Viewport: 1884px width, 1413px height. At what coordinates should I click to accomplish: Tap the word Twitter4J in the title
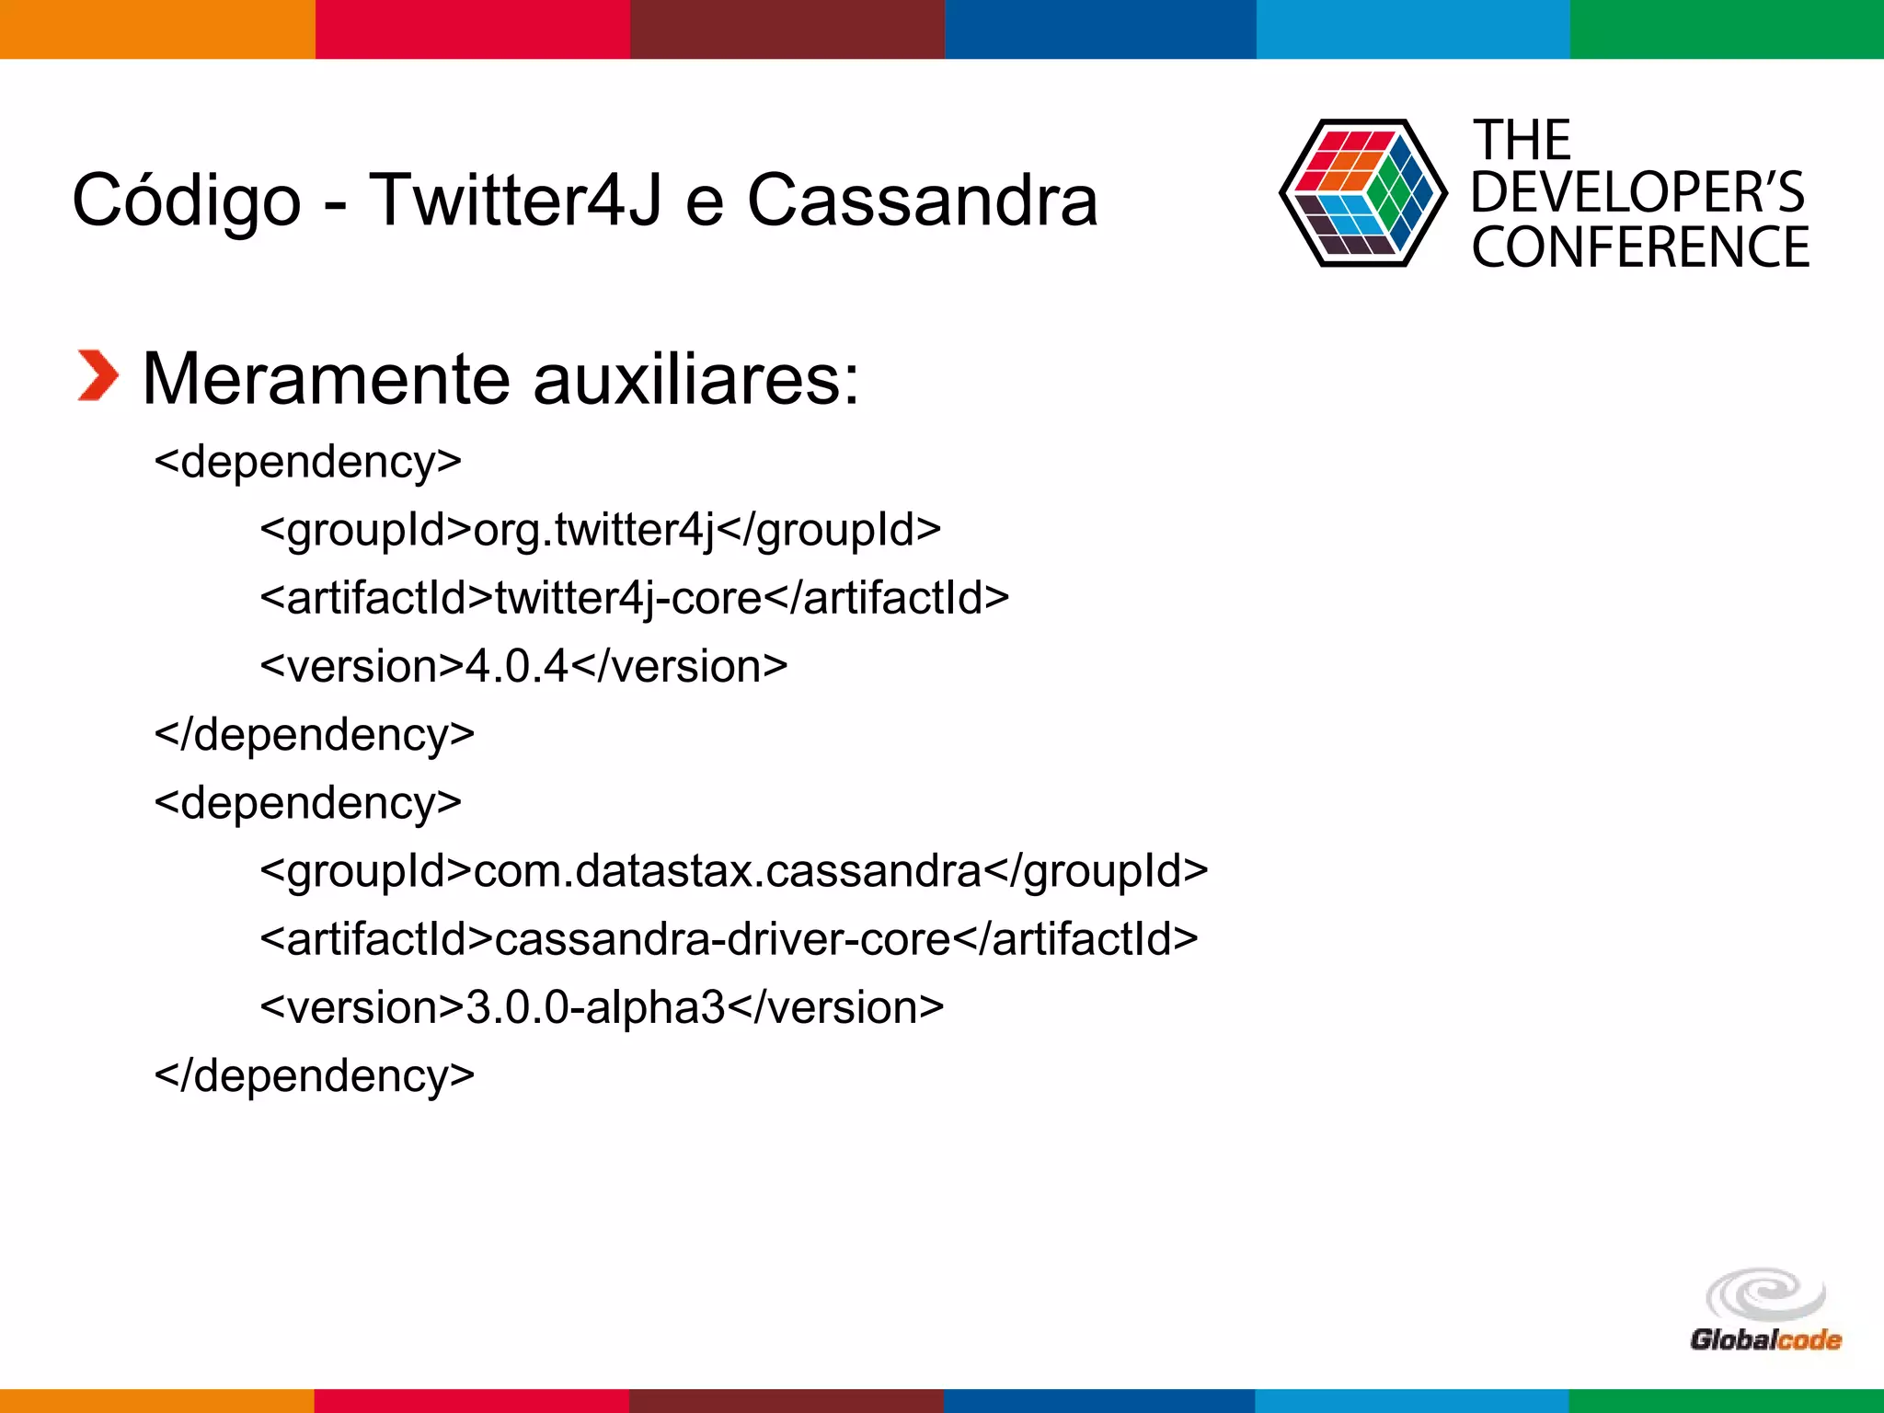[x=515, y=201]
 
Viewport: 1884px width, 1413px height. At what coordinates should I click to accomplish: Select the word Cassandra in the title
[x=922, y=201]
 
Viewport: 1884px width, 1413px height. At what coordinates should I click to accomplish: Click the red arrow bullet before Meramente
[x=98, y=376]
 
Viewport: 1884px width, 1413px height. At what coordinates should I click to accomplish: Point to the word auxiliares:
[x=695, y=379]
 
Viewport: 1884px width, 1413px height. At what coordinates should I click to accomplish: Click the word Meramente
[x=326, y=379]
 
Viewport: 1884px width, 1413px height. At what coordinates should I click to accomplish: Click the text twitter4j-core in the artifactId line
[x=628, y=599]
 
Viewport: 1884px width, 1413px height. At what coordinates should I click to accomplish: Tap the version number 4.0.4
[x=517, y=667]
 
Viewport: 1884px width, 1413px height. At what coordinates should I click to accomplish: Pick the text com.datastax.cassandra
[x=727, y=871]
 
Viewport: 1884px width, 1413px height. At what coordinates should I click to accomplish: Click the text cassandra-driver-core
[x=722, y=939]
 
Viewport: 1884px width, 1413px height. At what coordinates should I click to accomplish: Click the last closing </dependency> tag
[x=315, y=1075]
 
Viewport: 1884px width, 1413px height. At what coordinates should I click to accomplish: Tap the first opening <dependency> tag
[x=308, y=462]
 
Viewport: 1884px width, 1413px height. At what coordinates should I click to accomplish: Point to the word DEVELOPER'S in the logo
[x=1637, y=193]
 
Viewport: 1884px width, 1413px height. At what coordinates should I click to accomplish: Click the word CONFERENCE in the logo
[x=1640, y=247]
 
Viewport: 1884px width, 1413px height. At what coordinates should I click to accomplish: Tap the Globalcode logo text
[x=1765, y=1339]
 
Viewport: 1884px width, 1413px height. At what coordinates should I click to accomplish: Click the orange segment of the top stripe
[x=156, y=29]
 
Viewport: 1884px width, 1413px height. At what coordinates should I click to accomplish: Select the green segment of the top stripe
[x=1727, y=29]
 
